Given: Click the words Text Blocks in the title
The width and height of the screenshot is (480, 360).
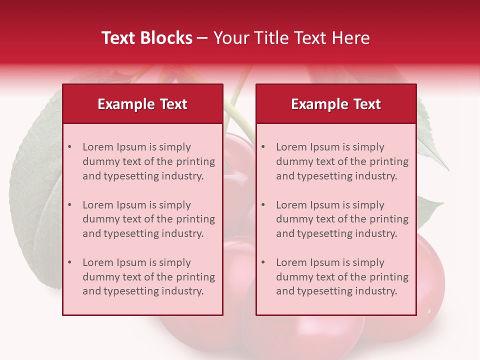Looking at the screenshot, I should [x=147, y=38].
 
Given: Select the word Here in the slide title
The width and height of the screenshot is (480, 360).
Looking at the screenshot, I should [x=351, y=38].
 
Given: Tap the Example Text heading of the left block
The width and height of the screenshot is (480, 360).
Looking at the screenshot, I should [x=142, y=104].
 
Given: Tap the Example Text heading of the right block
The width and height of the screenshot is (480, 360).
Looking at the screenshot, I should [x=336, y=104].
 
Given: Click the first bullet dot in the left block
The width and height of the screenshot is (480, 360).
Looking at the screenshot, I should [x=70, y=147].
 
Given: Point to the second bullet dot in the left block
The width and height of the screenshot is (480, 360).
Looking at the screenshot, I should [x=70, y=205].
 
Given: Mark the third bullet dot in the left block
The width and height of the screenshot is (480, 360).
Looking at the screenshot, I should [x=70, y=262].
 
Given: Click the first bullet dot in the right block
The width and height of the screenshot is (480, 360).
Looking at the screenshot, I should [x=263, y=147].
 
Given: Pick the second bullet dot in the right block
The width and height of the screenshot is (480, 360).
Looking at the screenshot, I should [x=263, y=205].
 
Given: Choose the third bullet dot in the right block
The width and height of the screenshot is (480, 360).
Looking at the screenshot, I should [x=263, y=262].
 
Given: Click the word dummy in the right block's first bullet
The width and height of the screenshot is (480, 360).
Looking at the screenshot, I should [x=293, y=161].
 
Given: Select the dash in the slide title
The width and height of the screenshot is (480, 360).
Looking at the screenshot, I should [x=202, y=38].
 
